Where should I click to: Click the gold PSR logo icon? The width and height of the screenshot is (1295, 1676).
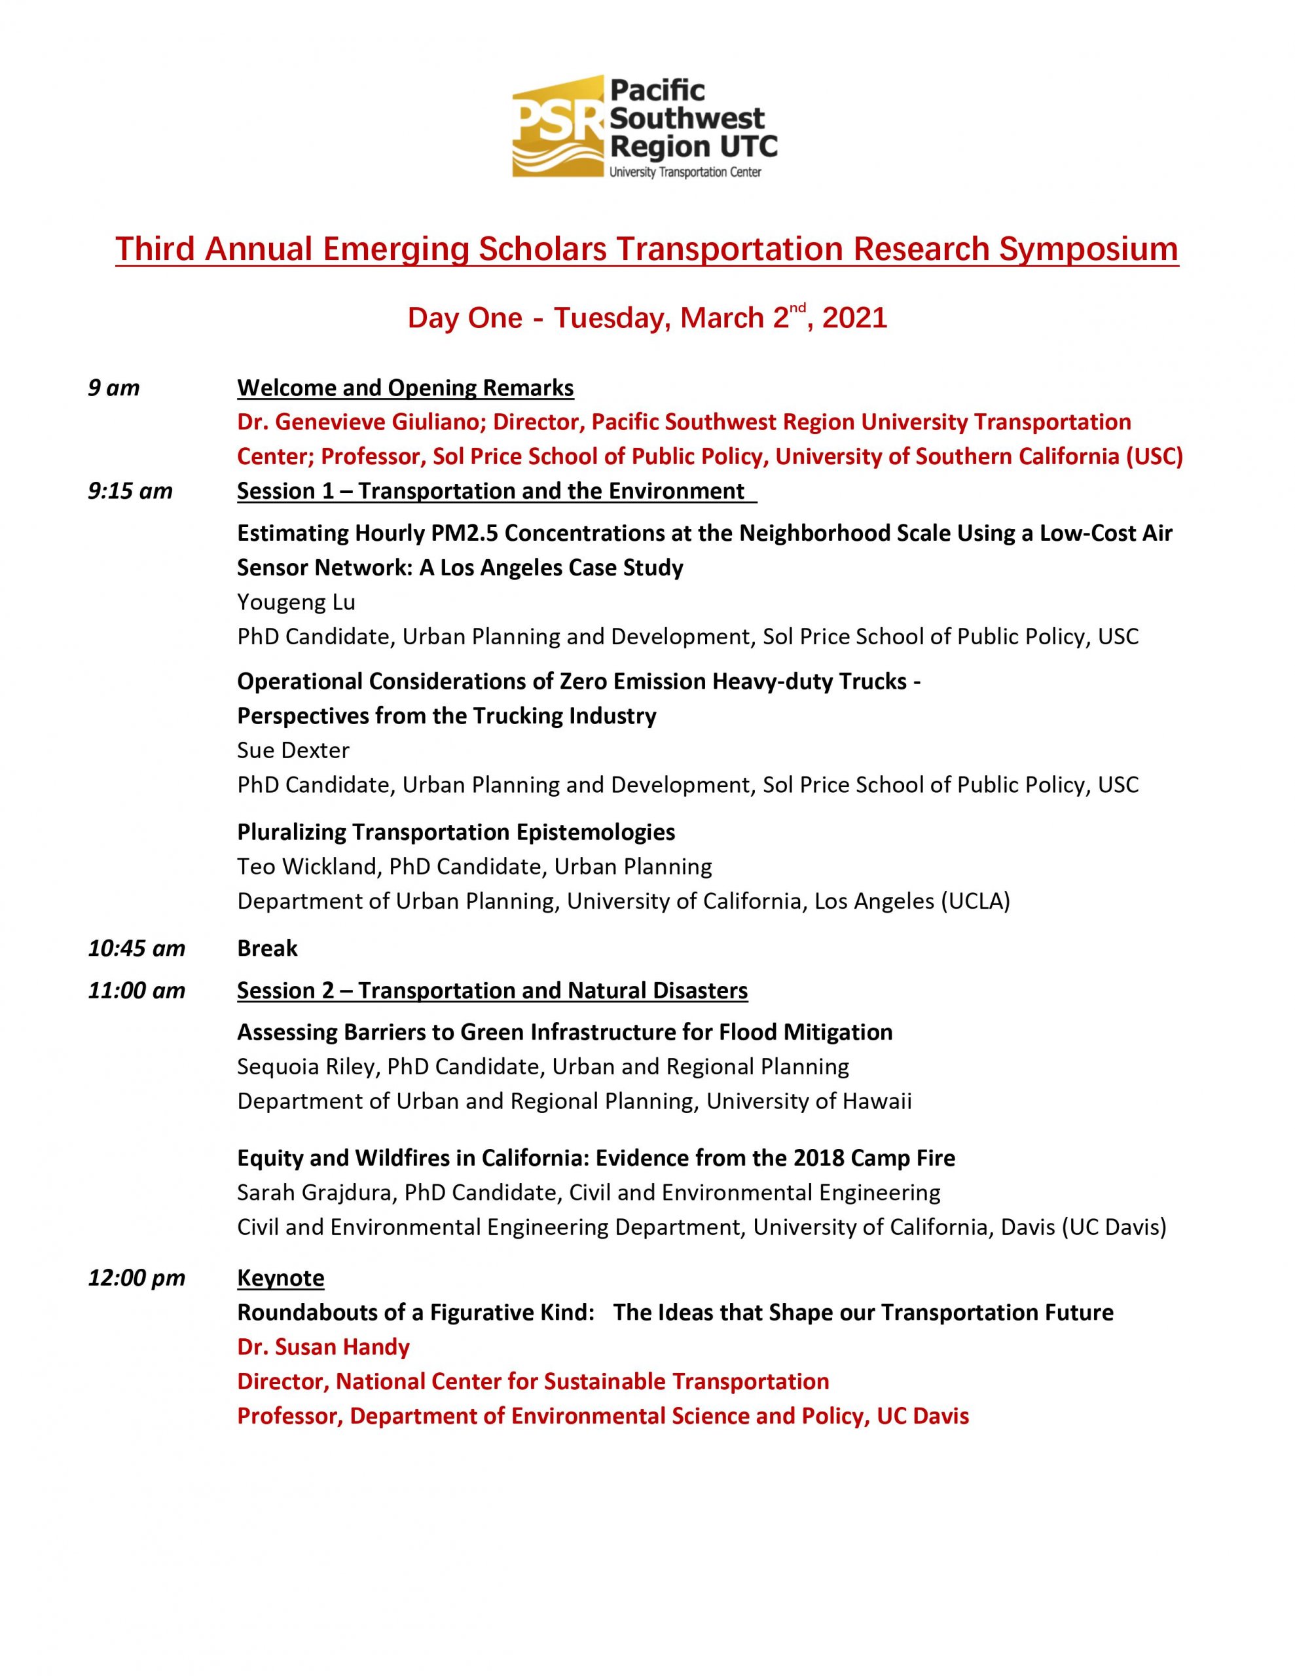pyautogui.click(x=558, y=126)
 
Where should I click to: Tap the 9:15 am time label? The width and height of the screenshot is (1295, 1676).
pyautogui.click(x=130, y=490)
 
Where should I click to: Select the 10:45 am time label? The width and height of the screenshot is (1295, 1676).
pyautogui.click(x=137, y=949)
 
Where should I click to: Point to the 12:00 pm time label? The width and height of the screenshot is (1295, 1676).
pyautogui.click(x=137, y=1278)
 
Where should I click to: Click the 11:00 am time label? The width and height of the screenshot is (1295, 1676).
pyautogui.click(x=137, y=991)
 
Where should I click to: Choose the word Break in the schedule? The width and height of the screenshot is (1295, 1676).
pyautogui.click(x=267, y=949)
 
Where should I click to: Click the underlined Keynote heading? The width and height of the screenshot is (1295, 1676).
pyautogui.click(x=280, y=1278)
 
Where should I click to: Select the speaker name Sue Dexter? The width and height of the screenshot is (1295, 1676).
pyautogui.click(x=293, y=750)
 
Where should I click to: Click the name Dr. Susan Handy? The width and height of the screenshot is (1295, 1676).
pyautogui.click(x=323, y=1347)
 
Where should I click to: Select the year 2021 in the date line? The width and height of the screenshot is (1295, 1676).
pyautogui.click(x=854, y=318)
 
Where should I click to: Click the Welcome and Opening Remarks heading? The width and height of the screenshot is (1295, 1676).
pyautogui.click(x=405, y=388)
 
